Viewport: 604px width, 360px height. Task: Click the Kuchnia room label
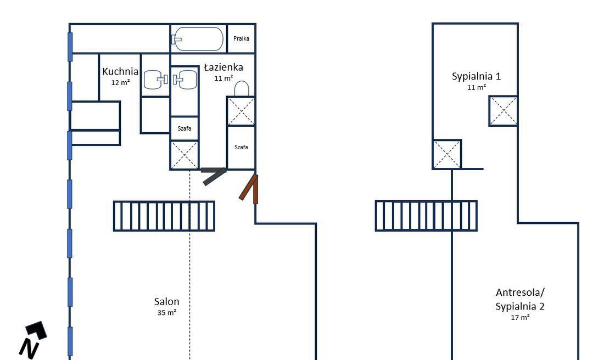pyautogui.click(x=120, y=71)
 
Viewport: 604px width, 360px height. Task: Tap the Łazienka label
pyautogui.click(x=223, y=67)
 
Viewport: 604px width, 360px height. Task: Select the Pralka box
pyautogui.click(x=241, y=38)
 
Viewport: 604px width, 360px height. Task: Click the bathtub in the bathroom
pyautogui.click(x=197, y=39)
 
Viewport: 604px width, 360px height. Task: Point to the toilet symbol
pyautogui.click(x=242, y=88)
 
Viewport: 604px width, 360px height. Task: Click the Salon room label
pyautogui.click(x=166, y=301)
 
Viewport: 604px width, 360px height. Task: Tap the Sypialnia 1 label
pyautogui.click(x=476, y=76)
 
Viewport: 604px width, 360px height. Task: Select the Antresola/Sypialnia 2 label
pyautogui.click(x=520, y=299)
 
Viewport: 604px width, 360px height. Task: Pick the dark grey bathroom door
pyautogui.click(x=214, y=175)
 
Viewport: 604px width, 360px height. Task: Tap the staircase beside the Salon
pyautogui.click(x=164, y=216)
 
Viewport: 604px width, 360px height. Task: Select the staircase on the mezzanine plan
pyautogui.click(x=426, y=216)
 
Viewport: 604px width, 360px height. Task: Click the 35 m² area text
pyautogui.click(x=166, y=313)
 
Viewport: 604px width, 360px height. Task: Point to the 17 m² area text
pyautogui.click(x=520, y=318)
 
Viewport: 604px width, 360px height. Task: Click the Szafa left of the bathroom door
pyautogui.click(x=184, y=128)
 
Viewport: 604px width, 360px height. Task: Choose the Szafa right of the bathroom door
pyautogui.click(x=241, y=147)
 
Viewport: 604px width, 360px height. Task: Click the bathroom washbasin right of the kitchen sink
pyautogui.click(x=186, y=80)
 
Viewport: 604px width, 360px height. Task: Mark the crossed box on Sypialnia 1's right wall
pyautogui.click(x=503, y=111)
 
